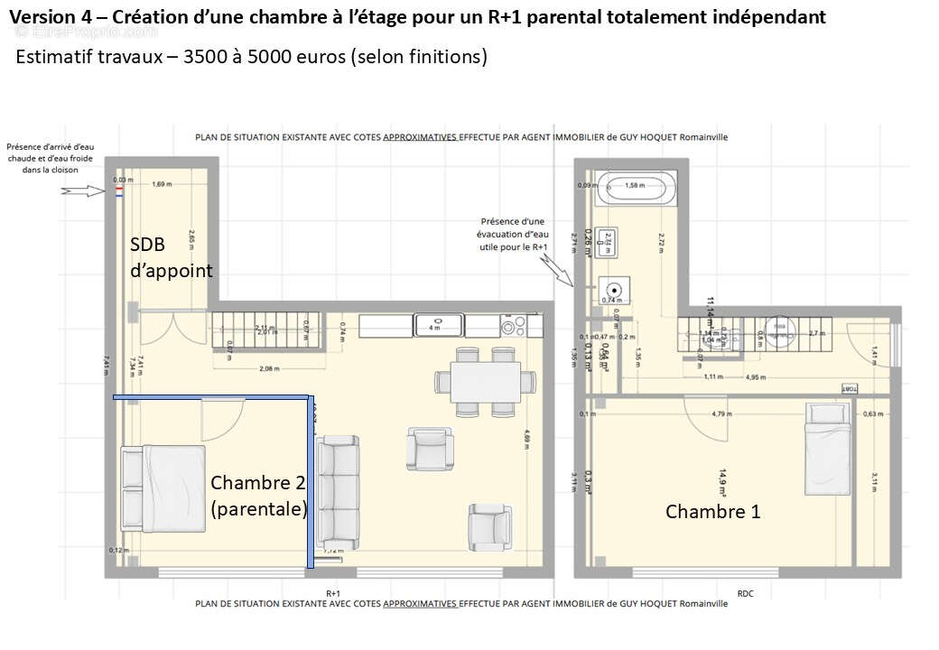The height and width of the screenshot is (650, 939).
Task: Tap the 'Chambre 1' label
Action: pyautogui.click(x=712, y=512)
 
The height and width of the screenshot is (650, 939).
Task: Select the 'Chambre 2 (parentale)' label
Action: pyautogui.click(x=258, y=496)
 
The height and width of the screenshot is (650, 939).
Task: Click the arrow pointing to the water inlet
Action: pyautogui.click(x=80, y=190)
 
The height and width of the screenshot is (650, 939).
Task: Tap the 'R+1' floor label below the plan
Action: pyautogui.click(x=333, y=593)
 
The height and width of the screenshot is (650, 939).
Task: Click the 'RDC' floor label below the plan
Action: pyautogui.click(x=745, y=593)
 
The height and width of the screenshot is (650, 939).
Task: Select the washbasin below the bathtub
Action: pyautogui.click(x=609, y=244)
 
